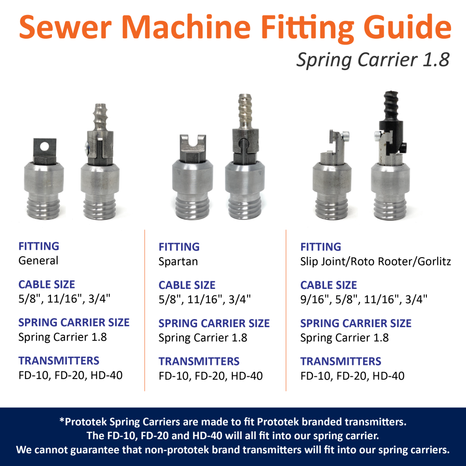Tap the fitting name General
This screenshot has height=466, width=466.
pos(38,261)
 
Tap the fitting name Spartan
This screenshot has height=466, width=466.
pos(179,262)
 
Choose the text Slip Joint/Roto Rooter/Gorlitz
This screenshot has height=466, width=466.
pos(375,262)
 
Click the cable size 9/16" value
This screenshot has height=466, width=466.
pos(313,300)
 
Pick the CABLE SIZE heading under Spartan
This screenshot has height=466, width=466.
pos(187,285)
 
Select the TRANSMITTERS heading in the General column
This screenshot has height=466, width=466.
pos(59,361)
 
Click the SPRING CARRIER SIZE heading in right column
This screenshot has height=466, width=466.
pos(355,324)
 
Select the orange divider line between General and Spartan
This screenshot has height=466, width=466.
pos(145,309)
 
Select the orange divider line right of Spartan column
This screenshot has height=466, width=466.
pos(286,309)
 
